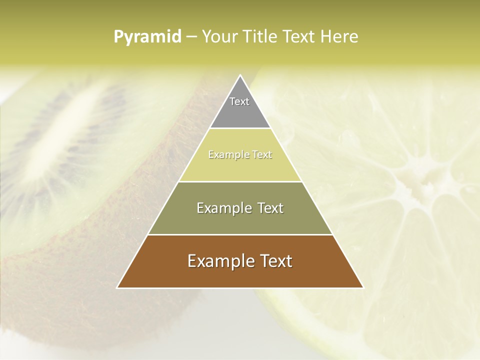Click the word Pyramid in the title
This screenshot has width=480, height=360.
(x=147, y=37)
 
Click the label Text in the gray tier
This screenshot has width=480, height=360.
(x=239, y=101)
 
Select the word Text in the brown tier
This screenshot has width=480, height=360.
(x=274, y=261)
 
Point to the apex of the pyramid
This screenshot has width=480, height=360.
(x=240, y=76)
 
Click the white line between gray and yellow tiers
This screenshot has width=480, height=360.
(x=240, y=128)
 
